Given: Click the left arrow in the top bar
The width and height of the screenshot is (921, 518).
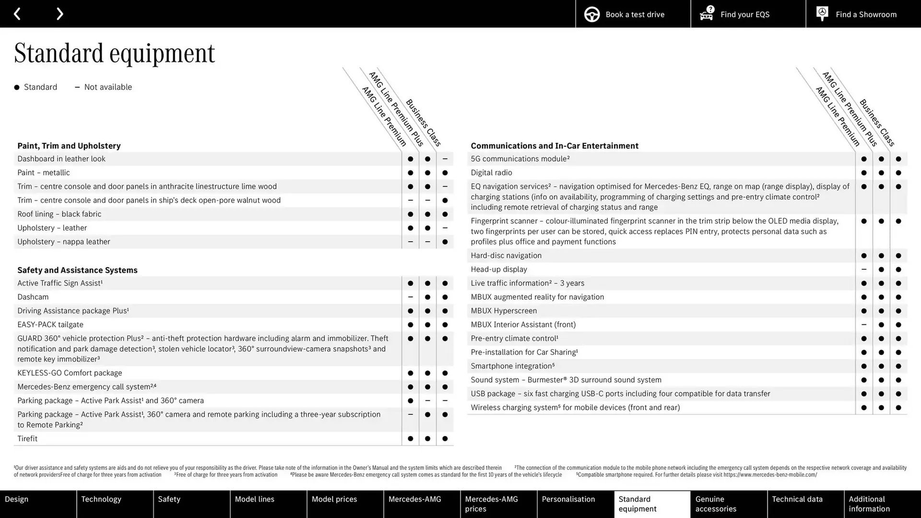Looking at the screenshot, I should tap(17, 14).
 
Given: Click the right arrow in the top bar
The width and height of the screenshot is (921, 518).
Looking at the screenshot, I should tap(59, 14).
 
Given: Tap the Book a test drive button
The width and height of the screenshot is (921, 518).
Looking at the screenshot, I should tap(633, 14).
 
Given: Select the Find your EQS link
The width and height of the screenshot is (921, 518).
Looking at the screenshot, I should tap(747, 14).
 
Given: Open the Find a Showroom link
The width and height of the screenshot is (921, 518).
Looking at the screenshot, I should tap(863, 14).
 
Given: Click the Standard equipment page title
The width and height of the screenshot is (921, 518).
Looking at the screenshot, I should tap(115, 53).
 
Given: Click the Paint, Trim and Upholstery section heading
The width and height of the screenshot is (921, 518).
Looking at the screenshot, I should tap(69, 146).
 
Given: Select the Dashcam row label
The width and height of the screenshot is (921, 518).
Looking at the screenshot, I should tap(33, 297).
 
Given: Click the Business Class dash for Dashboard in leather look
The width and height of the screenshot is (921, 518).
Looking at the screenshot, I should tap(445, 159).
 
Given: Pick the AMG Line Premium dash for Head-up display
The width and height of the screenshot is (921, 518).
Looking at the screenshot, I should tap(863, 270).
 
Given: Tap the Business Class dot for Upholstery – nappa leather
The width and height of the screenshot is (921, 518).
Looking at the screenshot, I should tap(445, 242).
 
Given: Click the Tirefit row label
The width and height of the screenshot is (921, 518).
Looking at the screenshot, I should tap(27, 438).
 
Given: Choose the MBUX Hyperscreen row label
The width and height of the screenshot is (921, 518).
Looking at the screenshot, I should tap(504, 311).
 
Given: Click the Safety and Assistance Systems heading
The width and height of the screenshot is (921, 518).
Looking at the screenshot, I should tap(77, 270).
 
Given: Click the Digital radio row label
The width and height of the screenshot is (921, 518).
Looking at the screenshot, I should tap(491, 173).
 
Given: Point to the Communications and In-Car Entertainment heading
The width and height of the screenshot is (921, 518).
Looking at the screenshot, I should tap(555, 146).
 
